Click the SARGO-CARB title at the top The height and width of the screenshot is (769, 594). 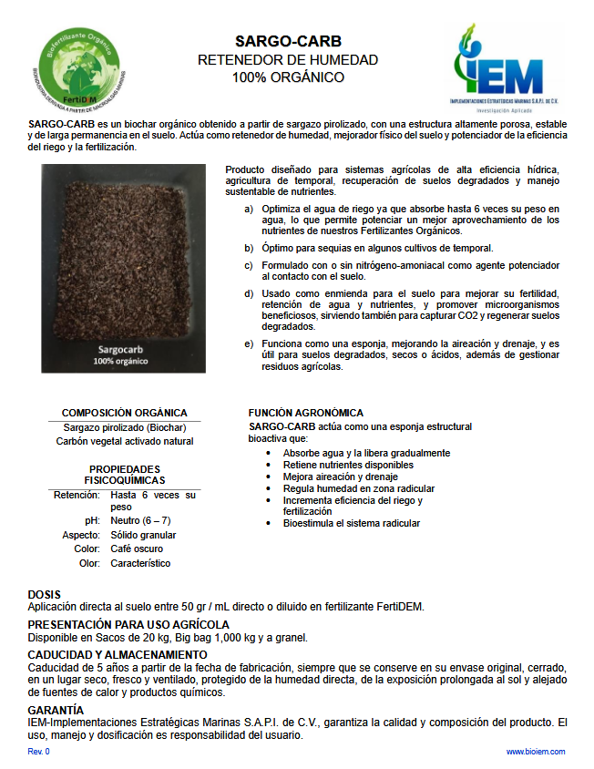click(288, 41)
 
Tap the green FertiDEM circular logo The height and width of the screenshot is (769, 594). click(78, 67)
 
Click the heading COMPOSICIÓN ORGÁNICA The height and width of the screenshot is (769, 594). click(124, 413)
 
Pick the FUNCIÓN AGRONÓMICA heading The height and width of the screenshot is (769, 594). click(305, 413)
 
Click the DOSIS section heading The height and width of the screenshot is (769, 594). click(45, 593)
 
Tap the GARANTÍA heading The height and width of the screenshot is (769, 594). click(56, 709)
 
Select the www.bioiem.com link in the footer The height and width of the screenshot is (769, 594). click(536, 752)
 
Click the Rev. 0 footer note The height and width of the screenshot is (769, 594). click(39, 752)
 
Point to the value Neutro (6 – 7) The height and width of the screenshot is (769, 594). click(140, 520)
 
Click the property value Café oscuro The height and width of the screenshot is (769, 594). click(138, 549)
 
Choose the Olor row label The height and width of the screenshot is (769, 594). click(89, 564)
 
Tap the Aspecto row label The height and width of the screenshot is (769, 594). click(81, 535)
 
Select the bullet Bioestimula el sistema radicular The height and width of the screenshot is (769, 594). click(352, 524)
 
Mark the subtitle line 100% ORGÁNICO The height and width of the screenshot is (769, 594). click(288, 77)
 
